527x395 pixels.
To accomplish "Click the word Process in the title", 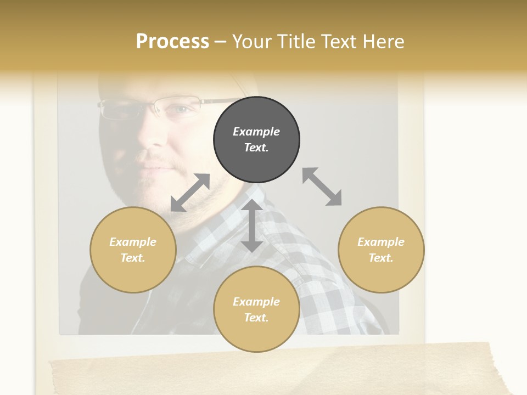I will [172, 42].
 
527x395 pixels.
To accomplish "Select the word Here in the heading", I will [383, 42].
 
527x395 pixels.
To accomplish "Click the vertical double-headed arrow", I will [252, 225].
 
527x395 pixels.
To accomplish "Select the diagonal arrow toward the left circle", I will [190, 193].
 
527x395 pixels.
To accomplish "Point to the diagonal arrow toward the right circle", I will [322, 187].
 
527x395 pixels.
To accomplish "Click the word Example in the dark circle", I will [256, 132].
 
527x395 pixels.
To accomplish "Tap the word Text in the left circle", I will [133, 258].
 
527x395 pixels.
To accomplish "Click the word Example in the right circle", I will [381, 242].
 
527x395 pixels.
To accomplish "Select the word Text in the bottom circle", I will [256, 318].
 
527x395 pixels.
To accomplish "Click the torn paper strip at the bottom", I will [274, 370].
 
